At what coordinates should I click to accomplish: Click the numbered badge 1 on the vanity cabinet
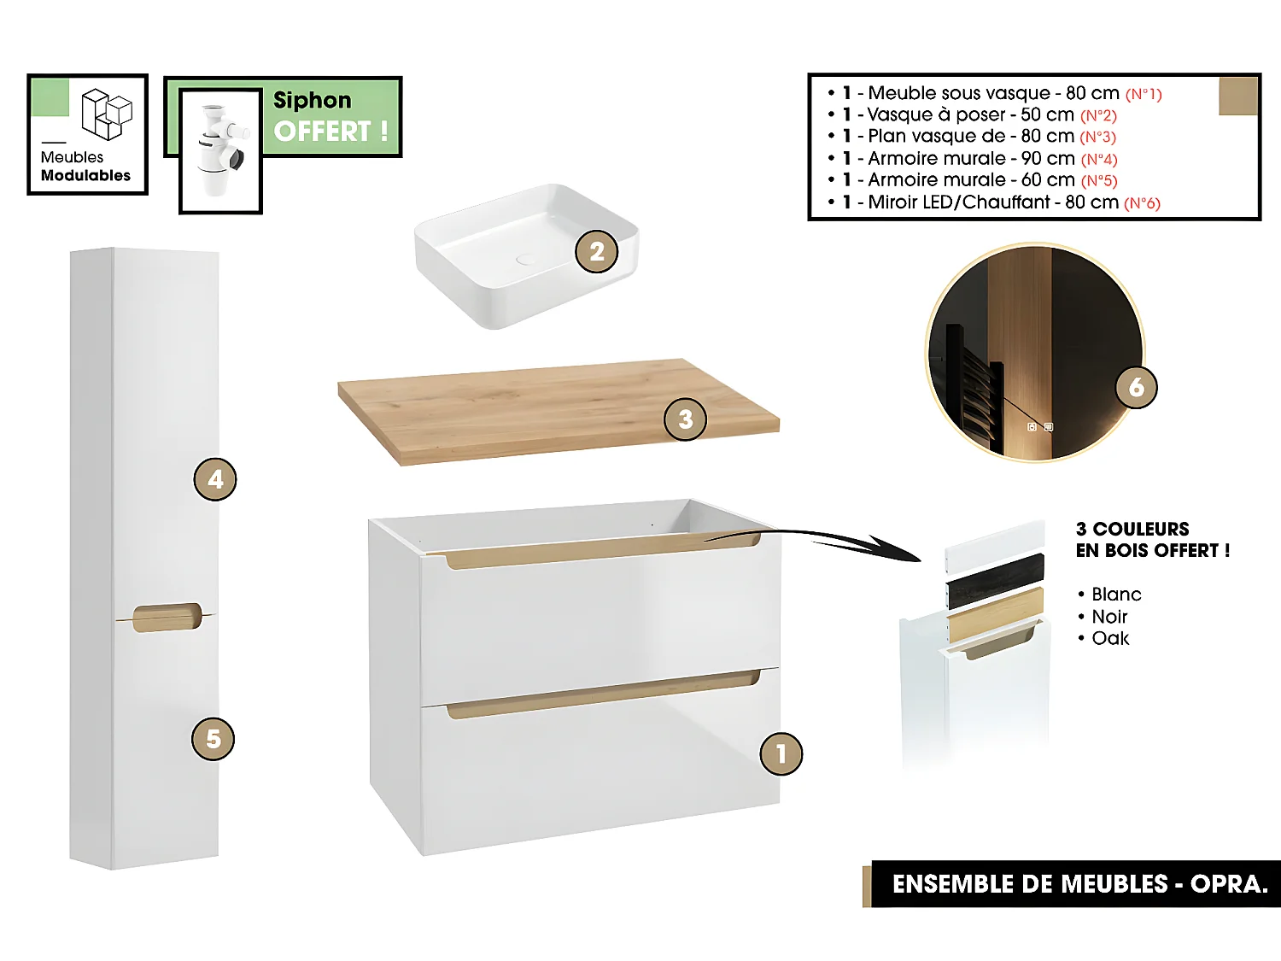781,753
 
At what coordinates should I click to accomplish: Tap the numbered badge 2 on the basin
596,252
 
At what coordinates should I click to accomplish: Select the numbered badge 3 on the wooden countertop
685,419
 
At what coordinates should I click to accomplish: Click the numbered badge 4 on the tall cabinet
215,479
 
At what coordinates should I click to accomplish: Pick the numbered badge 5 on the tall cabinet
213,739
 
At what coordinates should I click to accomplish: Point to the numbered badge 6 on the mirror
1136,387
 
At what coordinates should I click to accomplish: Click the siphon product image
220,150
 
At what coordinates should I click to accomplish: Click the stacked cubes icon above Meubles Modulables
107,114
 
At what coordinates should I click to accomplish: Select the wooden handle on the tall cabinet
167,618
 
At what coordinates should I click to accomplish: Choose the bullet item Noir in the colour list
1109,617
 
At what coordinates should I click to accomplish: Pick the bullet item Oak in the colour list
1110,639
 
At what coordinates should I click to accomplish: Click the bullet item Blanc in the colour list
1115,595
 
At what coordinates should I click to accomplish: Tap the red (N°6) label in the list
1142,203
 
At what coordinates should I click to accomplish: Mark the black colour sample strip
995,581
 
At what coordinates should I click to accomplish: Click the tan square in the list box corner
1237,96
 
